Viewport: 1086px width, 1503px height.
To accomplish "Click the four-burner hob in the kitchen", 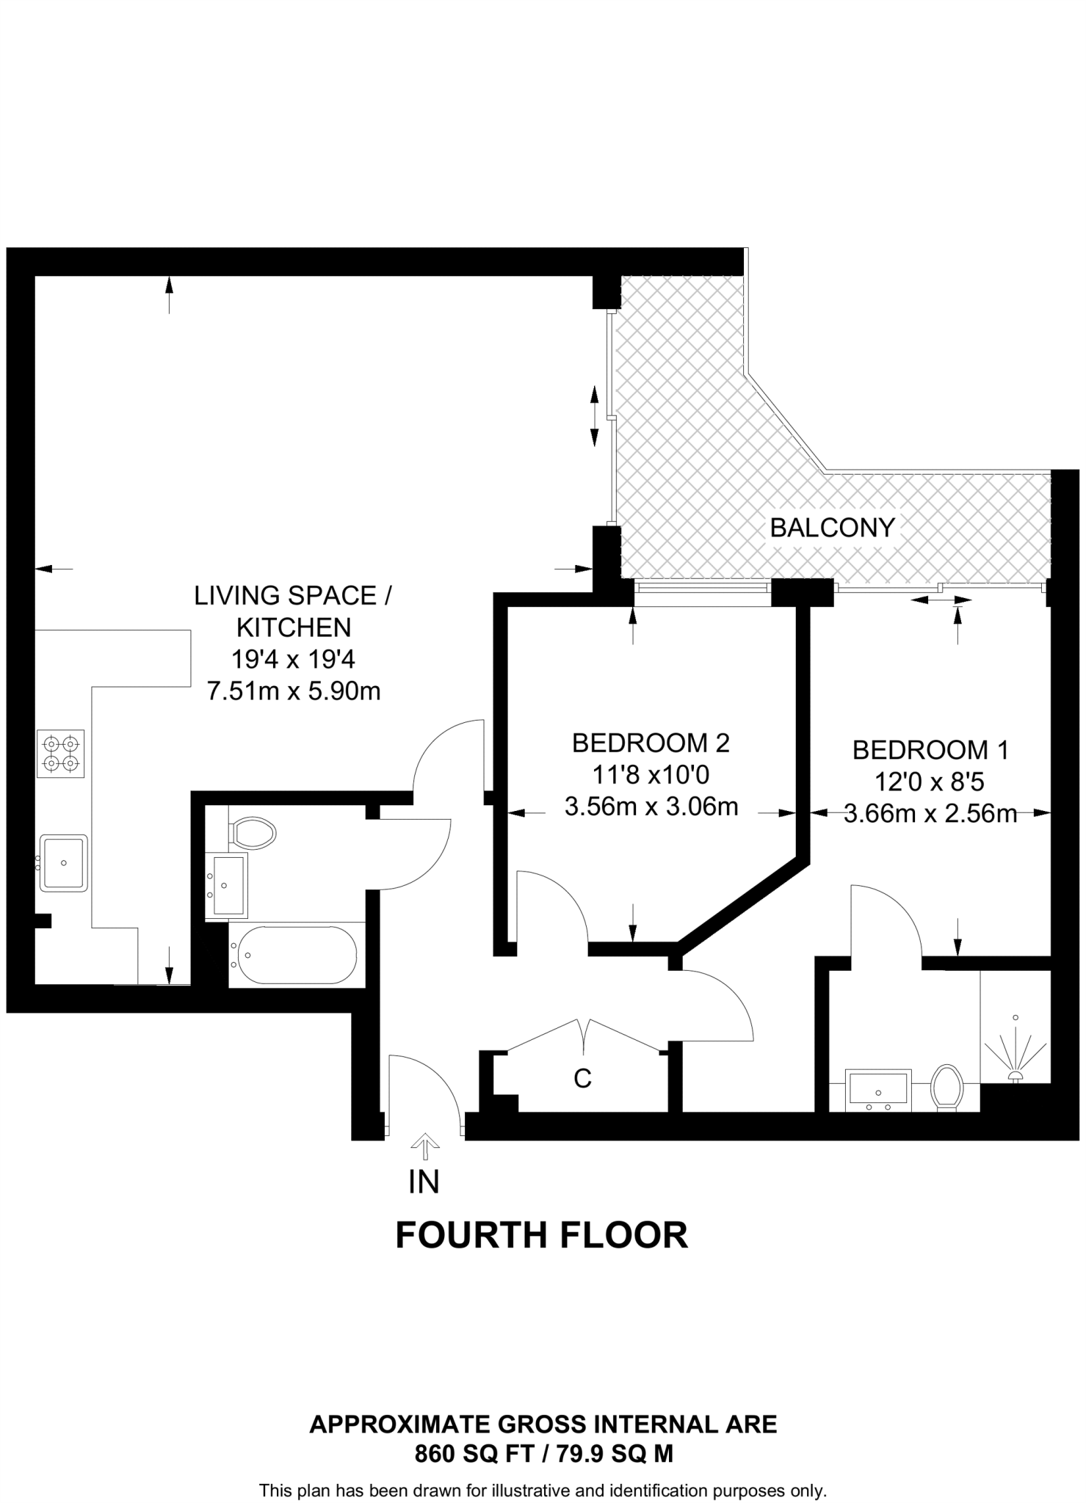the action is [x=61, y=754].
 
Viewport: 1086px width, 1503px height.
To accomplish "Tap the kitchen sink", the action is [x=63, y=863].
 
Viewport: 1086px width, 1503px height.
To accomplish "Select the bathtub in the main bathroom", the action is [x=294, y=955].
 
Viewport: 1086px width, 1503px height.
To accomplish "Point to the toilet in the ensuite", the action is [x=946, y=1088].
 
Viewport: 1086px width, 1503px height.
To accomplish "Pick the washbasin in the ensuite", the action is [x=879, y=1089].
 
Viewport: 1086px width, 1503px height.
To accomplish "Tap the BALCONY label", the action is [x=833, y=528].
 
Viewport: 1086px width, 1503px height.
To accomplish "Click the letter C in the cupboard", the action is [x=582, y=1078].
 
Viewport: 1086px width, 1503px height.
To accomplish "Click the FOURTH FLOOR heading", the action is [x=542, y=1235].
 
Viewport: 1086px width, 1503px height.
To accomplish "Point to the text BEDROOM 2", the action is [x=651, y=743].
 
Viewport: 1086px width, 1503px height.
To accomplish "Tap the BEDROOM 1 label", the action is [x=930, y=750].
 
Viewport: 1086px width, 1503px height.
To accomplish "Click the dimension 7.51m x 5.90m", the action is [x=294, y=691].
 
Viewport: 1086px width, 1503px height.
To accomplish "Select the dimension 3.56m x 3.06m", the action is [x=651, y=807].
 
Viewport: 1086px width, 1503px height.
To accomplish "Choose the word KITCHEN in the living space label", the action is [x=294, y=627].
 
